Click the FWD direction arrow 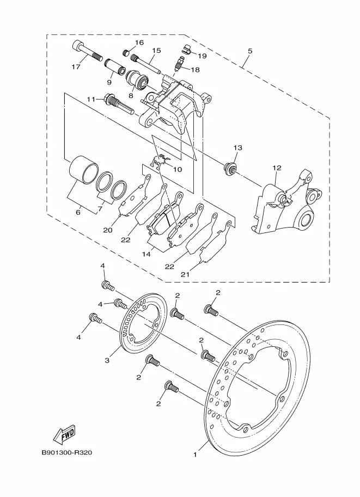coord(64,433)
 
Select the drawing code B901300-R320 coord(67,452)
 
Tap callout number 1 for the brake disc coord(196,455)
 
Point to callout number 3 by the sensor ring coord(107,360)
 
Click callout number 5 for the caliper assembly coord(250,51)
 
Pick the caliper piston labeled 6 coord(84,170)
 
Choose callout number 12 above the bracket coord(277,168)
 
